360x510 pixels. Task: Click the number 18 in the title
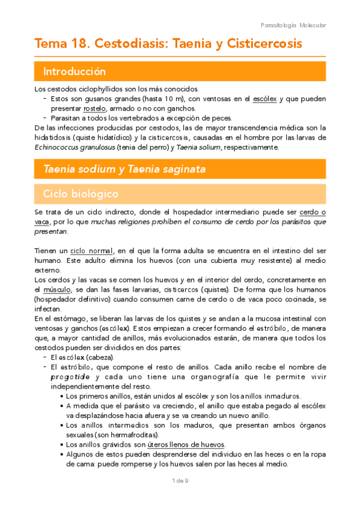pos(80,44)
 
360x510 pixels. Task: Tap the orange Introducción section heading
pos(75,72)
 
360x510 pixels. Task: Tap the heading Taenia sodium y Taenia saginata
pos(124,170)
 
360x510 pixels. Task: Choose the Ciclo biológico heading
pos(81,194)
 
